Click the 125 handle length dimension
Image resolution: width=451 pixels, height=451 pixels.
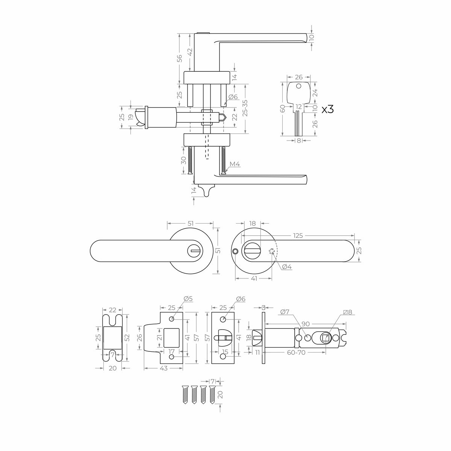(298, 236)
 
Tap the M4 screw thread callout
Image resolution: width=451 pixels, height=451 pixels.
(235, 164)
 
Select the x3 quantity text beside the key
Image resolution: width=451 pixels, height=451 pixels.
(327, 109)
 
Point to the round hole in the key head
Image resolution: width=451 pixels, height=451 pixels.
(298, 86)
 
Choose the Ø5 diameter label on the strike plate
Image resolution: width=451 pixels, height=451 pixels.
(188, 299)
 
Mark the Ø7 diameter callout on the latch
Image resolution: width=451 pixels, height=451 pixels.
(285, 312)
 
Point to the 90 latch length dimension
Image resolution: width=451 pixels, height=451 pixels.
(305, 324)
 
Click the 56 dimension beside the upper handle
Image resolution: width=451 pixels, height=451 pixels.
(180, 58)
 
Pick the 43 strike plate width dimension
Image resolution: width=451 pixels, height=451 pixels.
(163, 368)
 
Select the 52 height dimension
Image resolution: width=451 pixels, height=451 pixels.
(127, 337)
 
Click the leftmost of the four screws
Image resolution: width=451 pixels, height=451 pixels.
(185, 395)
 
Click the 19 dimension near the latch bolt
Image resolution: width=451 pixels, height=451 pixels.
(130, 117)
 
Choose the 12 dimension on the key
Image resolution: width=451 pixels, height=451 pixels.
(298, 107)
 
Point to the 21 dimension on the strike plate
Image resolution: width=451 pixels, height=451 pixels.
(159, 337)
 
